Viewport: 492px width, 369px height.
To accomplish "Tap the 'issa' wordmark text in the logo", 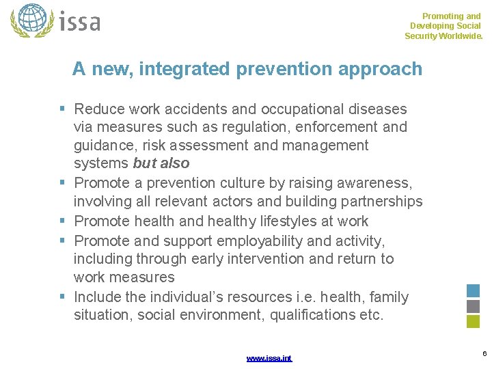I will pos(79,21).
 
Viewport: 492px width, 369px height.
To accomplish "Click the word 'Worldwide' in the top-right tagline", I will pos(457,36).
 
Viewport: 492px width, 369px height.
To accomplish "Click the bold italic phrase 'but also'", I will pos(161,163).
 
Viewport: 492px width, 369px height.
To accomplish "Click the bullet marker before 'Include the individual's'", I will pos(62,297).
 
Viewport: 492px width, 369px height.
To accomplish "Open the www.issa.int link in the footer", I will pos(269,358).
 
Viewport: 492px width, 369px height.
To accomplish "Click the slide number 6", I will pos(484,353).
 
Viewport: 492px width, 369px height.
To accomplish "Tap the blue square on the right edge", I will pos(474,290).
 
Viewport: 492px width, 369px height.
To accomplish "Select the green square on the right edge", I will pos(474,322).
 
